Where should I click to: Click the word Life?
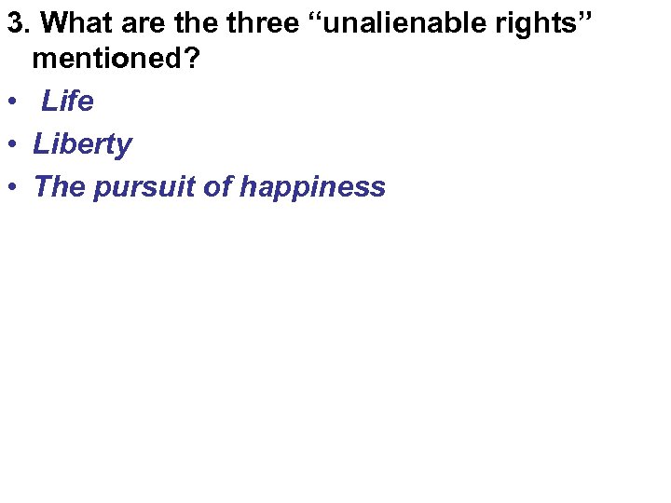point(68,101)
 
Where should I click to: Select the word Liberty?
point(82,144)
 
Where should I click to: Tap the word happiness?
point(312,187)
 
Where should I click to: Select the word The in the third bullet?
point(59,186)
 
